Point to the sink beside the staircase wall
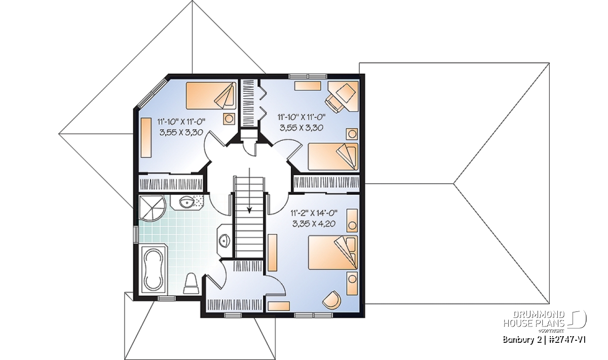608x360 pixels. [x=223, y=240]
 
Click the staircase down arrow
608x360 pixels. [x=249, y=191]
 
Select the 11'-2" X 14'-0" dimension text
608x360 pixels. [x=314, y=213]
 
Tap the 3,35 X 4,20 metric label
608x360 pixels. [x=314, y=224]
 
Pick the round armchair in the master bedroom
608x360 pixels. [x=332, y=300]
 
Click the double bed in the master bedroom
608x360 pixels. [x=333, y=253]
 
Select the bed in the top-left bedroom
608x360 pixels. [x=211, y=96]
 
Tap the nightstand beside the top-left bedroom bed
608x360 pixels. [x=229, y=119]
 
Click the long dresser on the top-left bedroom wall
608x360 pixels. [x=146, y=137]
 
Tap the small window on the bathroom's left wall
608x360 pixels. [x=136, y=234]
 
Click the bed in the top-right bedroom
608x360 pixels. [x=333, y=157]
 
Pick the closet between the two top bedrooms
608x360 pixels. [x=248, y=103]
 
